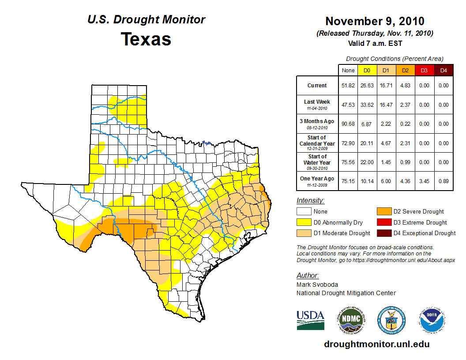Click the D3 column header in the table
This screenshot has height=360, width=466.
[x=424, y=70]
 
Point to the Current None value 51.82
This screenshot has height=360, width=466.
[x=348, y=86]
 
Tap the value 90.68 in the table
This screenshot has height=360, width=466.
[x=348, y=124]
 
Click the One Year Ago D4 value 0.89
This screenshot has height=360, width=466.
[x=443, y=181]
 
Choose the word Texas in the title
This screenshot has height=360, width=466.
[x=146, y=39]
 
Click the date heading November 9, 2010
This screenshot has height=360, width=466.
[x=375, y=21]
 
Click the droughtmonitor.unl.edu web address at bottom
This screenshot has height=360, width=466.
[x=376, y=344]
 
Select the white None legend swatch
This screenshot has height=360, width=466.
[x=304, y=211]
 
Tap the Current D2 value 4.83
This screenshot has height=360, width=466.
[x=405, y=86]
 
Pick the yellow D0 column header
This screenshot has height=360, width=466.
[x=367, y=70]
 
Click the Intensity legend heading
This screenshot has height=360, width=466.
[x=310, y=201]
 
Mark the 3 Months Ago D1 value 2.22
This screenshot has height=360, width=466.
[x=386, y=124]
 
